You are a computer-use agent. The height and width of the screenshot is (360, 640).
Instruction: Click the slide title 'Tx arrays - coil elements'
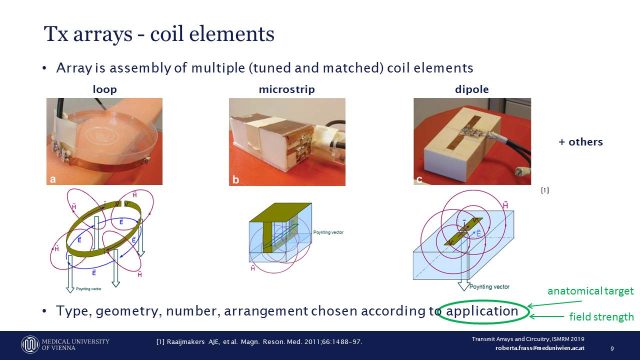coord(159,34)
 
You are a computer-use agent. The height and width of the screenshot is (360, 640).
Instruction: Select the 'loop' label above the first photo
coord(104,90)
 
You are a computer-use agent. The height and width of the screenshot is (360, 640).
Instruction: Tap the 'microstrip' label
coord(286,90)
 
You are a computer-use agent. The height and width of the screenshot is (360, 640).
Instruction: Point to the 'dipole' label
coord(471,90)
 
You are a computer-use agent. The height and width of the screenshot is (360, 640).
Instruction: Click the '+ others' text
coord(580,142)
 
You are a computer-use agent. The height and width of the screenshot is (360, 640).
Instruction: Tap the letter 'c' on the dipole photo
coord(419,179)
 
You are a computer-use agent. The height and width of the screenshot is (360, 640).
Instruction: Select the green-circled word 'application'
coord(482,311)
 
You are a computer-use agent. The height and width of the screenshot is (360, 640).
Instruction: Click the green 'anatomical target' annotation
coord(590,291)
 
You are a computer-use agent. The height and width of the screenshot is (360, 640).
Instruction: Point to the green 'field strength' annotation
coord(601,316)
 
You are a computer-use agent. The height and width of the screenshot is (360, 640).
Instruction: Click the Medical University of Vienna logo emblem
coord(30,344)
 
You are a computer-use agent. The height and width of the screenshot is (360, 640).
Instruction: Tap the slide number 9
coord(612,348)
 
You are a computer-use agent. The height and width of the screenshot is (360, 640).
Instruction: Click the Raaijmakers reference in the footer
coord(259,342)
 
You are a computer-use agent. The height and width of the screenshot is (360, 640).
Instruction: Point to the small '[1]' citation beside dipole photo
coord(545,190)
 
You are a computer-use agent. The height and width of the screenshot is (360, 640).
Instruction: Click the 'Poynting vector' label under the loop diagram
coord(90,289)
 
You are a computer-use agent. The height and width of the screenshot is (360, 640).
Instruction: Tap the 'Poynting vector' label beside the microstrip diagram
coord(328,232)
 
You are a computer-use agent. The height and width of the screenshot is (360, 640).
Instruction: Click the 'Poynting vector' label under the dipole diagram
coord(489,287)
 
